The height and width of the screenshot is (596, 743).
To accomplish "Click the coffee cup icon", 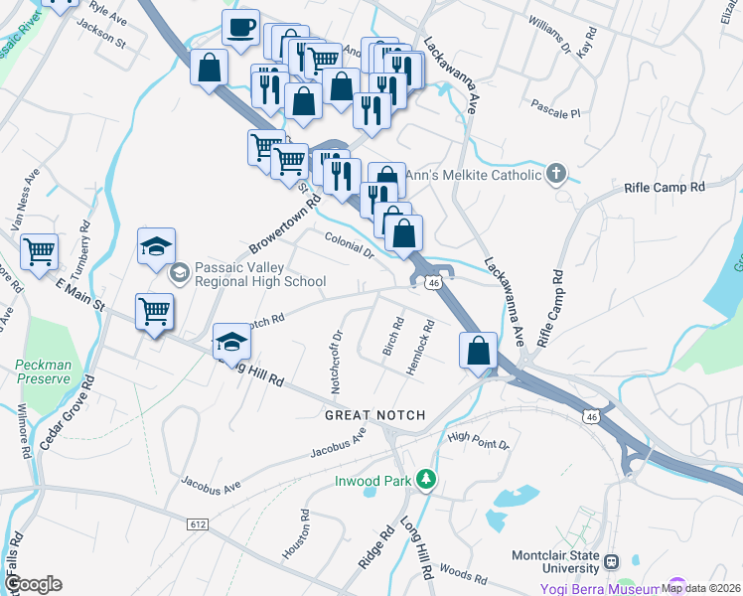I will pyautogui.click(x=239, y=29).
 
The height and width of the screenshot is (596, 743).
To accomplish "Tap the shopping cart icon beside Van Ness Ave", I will pyautogui.click(x=39, y=251).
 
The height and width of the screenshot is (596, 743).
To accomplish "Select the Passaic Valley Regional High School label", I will pyautogui.click(x=261, y=274).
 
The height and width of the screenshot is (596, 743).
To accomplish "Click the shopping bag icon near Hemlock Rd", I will pyautogui.click(x=478, y=351).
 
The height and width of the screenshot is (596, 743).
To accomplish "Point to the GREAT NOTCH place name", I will pyautogui.click(x=374, y=415).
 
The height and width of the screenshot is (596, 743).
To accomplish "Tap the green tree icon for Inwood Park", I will pyautogui.click(x=426, y=480).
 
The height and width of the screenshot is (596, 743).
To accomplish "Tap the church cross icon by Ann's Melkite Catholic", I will pyautogui.click(x=557, y=176).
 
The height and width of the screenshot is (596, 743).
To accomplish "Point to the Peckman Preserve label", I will pyautogui.click(x=44, y=372).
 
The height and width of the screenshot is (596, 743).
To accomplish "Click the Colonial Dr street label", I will pyautogui.click(x=348, y=245).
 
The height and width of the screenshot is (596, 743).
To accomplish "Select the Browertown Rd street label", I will pyautogui.click(x=285, y=223).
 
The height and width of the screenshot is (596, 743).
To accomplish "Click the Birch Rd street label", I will pyautogui.click(x=393, y=337).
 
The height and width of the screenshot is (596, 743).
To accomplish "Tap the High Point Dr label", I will pyautogui.click(x=478, y=441).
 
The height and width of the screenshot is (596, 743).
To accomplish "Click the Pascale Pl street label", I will pyautogui.click(x=555, y=108).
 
